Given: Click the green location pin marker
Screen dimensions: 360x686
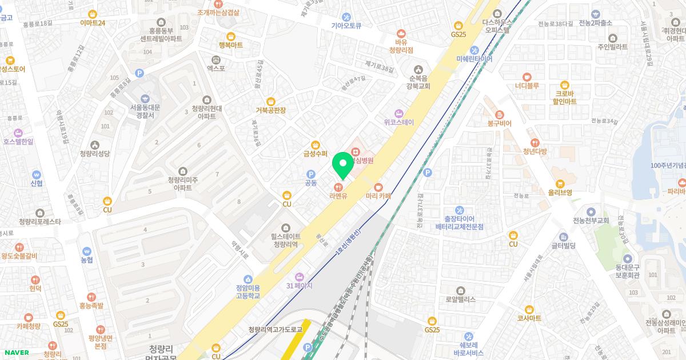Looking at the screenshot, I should [x=343, y=163].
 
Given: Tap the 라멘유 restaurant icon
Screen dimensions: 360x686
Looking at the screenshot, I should [x=338, y=186].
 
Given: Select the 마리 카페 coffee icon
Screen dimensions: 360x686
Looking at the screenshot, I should [x=378, y=187].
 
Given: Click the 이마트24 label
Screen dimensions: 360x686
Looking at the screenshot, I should [x=93, y=23].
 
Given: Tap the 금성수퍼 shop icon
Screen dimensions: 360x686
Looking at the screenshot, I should [x=315, y=144].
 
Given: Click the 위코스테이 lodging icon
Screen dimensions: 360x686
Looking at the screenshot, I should [x=399, y=113].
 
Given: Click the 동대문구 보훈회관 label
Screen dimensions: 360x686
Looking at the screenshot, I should [x=627, y=270].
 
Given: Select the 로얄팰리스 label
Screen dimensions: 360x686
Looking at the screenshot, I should [x=461, y=299].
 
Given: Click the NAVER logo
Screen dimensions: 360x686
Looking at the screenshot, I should [x=15, y=353].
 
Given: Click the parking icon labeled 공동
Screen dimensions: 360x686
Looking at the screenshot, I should [x=311, y=174].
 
